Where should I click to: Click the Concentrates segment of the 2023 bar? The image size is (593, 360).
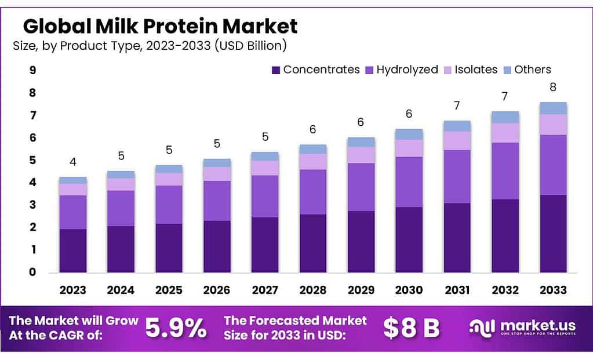pos(72,250)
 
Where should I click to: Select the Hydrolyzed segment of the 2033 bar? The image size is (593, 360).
pos(553,165)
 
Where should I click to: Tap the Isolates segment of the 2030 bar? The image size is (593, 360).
pos(409,148)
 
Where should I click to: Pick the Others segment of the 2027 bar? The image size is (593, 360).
pos(264,156)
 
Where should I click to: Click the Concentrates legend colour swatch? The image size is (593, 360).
pos(276,70)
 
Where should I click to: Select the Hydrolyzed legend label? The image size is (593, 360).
pos(407,70)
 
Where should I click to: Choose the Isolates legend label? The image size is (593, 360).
pos(476,70)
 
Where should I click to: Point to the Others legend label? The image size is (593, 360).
pos(533,70)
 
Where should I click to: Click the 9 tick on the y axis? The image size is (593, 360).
pos(32,71)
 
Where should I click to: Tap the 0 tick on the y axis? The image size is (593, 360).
pos(32,272)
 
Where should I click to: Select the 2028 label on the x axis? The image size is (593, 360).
pos(312,290)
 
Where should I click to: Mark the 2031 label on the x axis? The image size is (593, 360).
pos(457,290)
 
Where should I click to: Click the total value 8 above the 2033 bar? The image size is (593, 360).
pos(553,88)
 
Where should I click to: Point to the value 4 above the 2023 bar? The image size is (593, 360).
pos(73,162)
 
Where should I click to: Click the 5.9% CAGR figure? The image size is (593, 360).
pos(176,329)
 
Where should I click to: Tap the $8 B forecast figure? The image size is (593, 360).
pos(411,329)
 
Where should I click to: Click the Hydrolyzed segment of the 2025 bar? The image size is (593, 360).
pos(169,205)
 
